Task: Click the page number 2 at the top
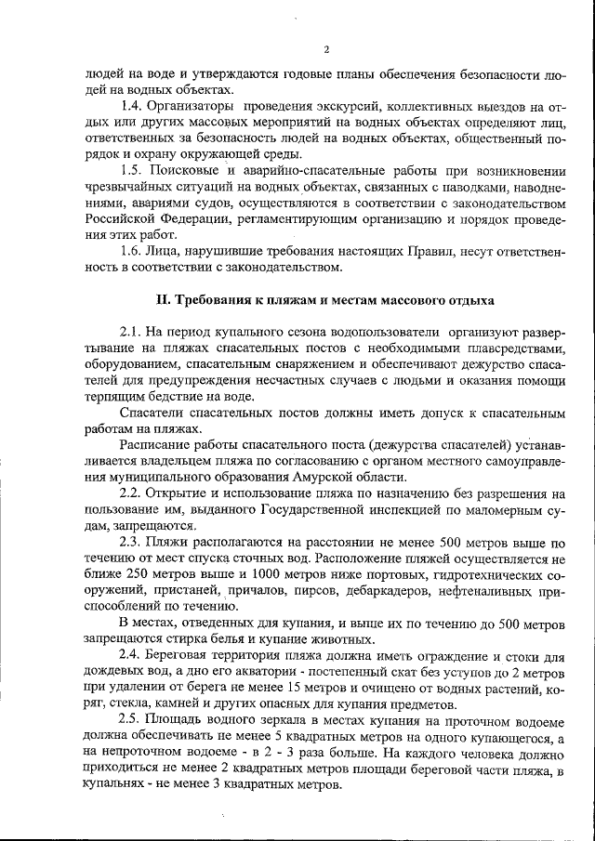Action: click(x=326, y=49)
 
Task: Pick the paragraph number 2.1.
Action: click(x=132, y=332)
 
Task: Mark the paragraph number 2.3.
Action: click(x=132, y=541)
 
